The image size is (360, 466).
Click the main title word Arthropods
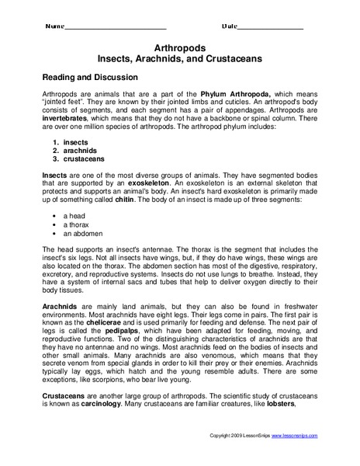(x=180, y=47)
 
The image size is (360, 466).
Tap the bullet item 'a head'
(x=77, y=215)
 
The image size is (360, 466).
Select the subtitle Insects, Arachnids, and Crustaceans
(x=180, y=58)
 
